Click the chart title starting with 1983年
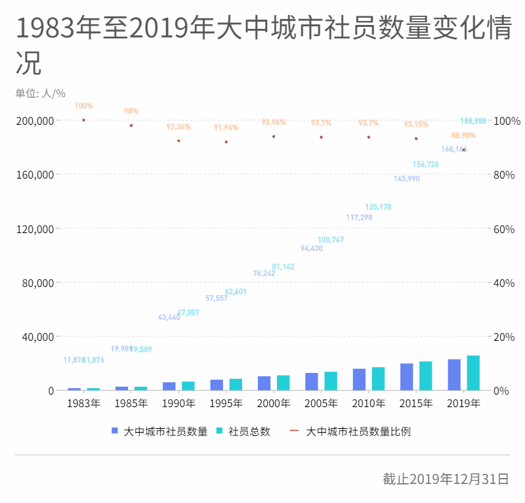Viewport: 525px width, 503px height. click(x=262, y=30)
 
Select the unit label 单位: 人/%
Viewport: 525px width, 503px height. click(x=41, y=93)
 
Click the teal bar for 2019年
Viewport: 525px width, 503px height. click(x=473, y=373)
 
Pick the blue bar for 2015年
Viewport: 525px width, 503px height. click(x=406, y=377)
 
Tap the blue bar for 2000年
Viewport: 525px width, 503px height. click(x=264, y=383)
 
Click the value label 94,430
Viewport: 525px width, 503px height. click(x=312, y=248)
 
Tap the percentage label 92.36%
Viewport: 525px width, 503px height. click(x=178, y=127)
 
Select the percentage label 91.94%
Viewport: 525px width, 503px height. click(x=226, y=127)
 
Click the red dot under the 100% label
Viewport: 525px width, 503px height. click(x=83, y=120)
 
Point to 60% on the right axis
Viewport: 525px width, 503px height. click(x=504, y=229)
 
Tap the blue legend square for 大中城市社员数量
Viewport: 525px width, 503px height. click(x=114, y=431)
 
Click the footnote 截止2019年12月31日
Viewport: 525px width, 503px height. click(x=446, y=479)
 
